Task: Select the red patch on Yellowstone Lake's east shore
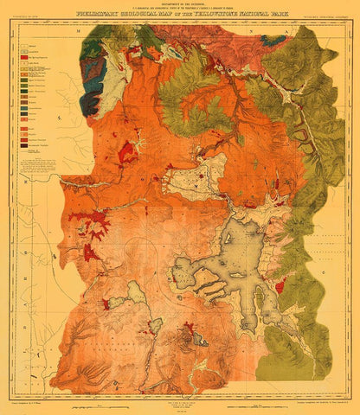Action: click(280, 284)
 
